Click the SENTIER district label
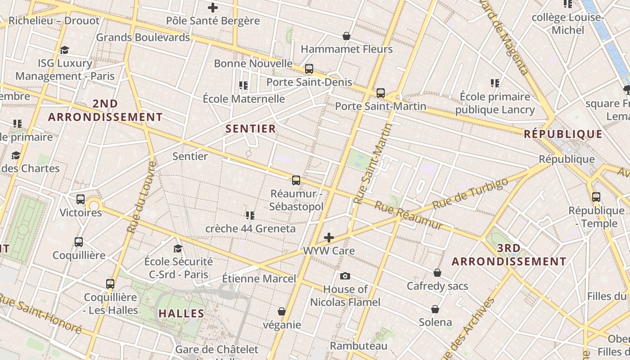[250, 129]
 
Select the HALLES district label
[181, 313]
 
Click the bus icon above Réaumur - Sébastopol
[296, 180]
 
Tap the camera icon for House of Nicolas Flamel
[345, 276]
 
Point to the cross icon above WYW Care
[329, 238]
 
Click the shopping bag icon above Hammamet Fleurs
[346, 36]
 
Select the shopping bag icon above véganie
[282, 311]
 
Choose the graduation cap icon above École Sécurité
[178, 248]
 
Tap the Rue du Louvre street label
[141, 197]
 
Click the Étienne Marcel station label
[259, 279]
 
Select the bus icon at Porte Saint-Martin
[381, 93]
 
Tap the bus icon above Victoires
[81, 199]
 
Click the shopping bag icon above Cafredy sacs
[437, 273]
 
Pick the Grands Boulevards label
[143, 37]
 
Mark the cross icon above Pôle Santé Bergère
[213, 8]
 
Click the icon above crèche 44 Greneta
[250, 216]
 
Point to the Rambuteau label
[359, 346]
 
